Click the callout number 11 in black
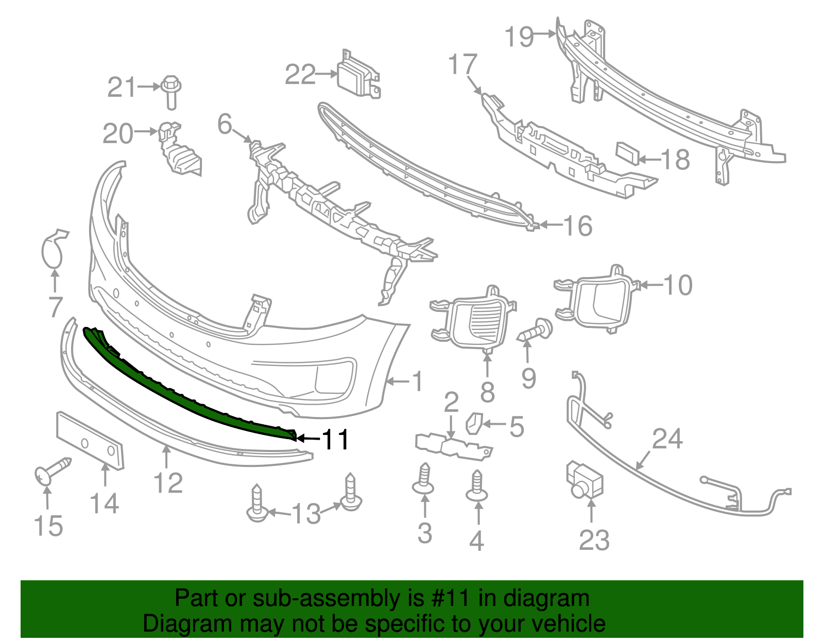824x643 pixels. click(x=335, y=440)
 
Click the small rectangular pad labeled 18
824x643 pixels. click(x=628, y=153)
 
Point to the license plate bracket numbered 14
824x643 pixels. click(x=90, y=441)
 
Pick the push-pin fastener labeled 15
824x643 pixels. click(x=51, y=471)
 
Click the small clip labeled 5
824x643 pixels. click(x=473, y=423)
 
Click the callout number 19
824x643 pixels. click(x=519, y=37)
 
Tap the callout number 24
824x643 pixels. click(x=667, y=439)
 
